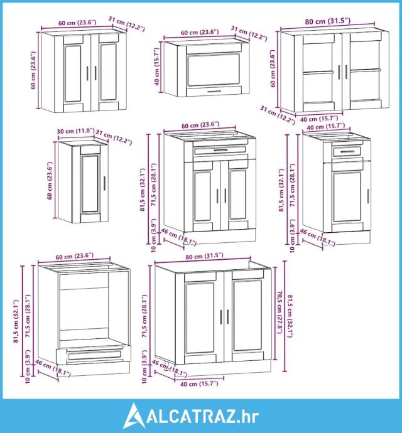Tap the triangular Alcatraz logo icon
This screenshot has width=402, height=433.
134,415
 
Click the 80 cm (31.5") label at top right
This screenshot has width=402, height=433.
328,21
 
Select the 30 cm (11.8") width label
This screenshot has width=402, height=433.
76,131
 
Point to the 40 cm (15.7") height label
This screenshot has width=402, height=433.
157,67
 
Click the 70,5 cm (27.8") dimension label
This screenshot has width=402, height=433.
280,312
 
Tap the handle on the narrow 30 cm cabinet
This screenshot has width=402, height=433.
104,183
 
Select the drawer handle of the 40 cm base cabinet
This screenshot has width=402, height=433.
347,152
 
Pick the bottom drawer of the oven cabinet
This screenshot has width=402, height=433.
93,355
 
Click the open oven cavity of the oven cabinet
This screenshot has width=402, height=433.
84,309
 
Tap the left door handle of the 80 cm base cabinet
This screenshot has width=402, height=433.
221,317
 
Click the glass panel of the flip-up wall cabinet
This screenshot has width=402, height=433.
214,69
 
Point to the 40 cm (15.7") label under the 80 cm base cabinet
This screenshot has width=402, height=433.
199,383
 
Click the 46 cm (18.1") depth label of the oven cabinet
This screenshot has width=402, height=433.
53,368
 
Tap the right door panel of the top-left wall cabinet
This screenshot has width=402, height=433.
108,72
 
